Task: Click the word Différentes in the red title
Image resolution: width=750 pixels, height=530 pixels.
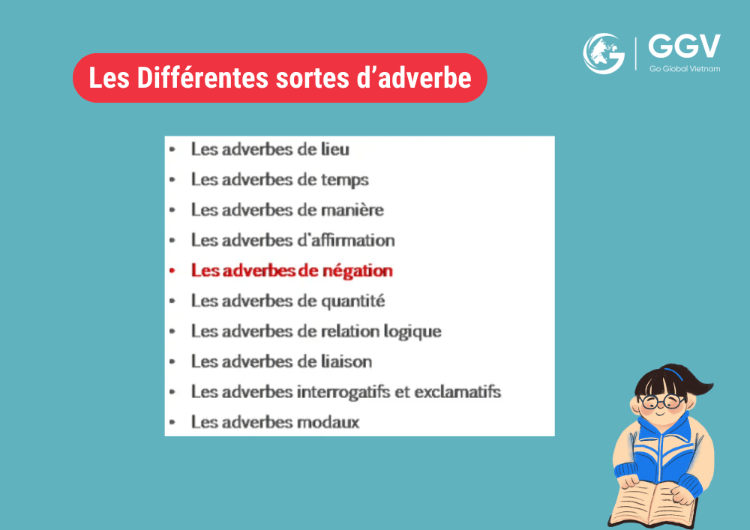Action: [x=202, y=77]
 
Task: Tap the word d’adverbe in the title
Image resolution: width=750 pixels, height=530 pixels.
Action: [x=414, y=77]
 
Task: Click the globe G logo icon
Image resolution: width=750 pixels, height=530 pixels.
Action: [x=604, y=53]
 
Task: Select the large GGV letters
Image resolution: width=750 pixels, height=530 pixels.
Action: [x=684, y=46]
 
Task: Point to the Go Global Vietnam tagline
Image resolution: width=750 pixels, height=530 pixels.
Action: [x=685, y=69]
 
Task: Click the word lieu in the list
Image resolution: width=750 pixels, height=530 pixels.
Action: [x=334, y=149]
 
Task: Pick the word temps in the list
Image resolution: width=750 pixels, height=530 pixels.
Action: [x=344, y=181]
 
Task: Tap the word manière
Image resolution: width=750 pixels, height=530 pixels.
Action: [x=352, y=210]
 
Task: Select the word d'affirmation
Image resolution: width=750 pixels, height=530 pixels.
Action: [x=346, y=240]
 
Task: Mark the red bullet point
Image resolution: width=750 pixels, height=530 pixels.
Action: [x=172, y=271]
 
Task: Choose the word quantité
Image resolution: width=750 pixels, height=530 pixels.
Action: [x=352, y=301]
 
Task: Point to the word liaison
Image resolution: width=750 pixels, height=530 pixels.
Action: [x=346, y=361]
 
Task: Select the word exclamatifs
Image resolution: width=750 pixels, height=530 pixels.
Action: [x=457, y=392]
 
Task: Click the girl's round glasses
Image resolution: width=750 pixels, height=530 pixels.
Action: [x=662, y=402]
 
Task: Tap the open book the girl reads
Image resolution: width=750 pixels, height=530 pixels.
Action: [x=653, y=505]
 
